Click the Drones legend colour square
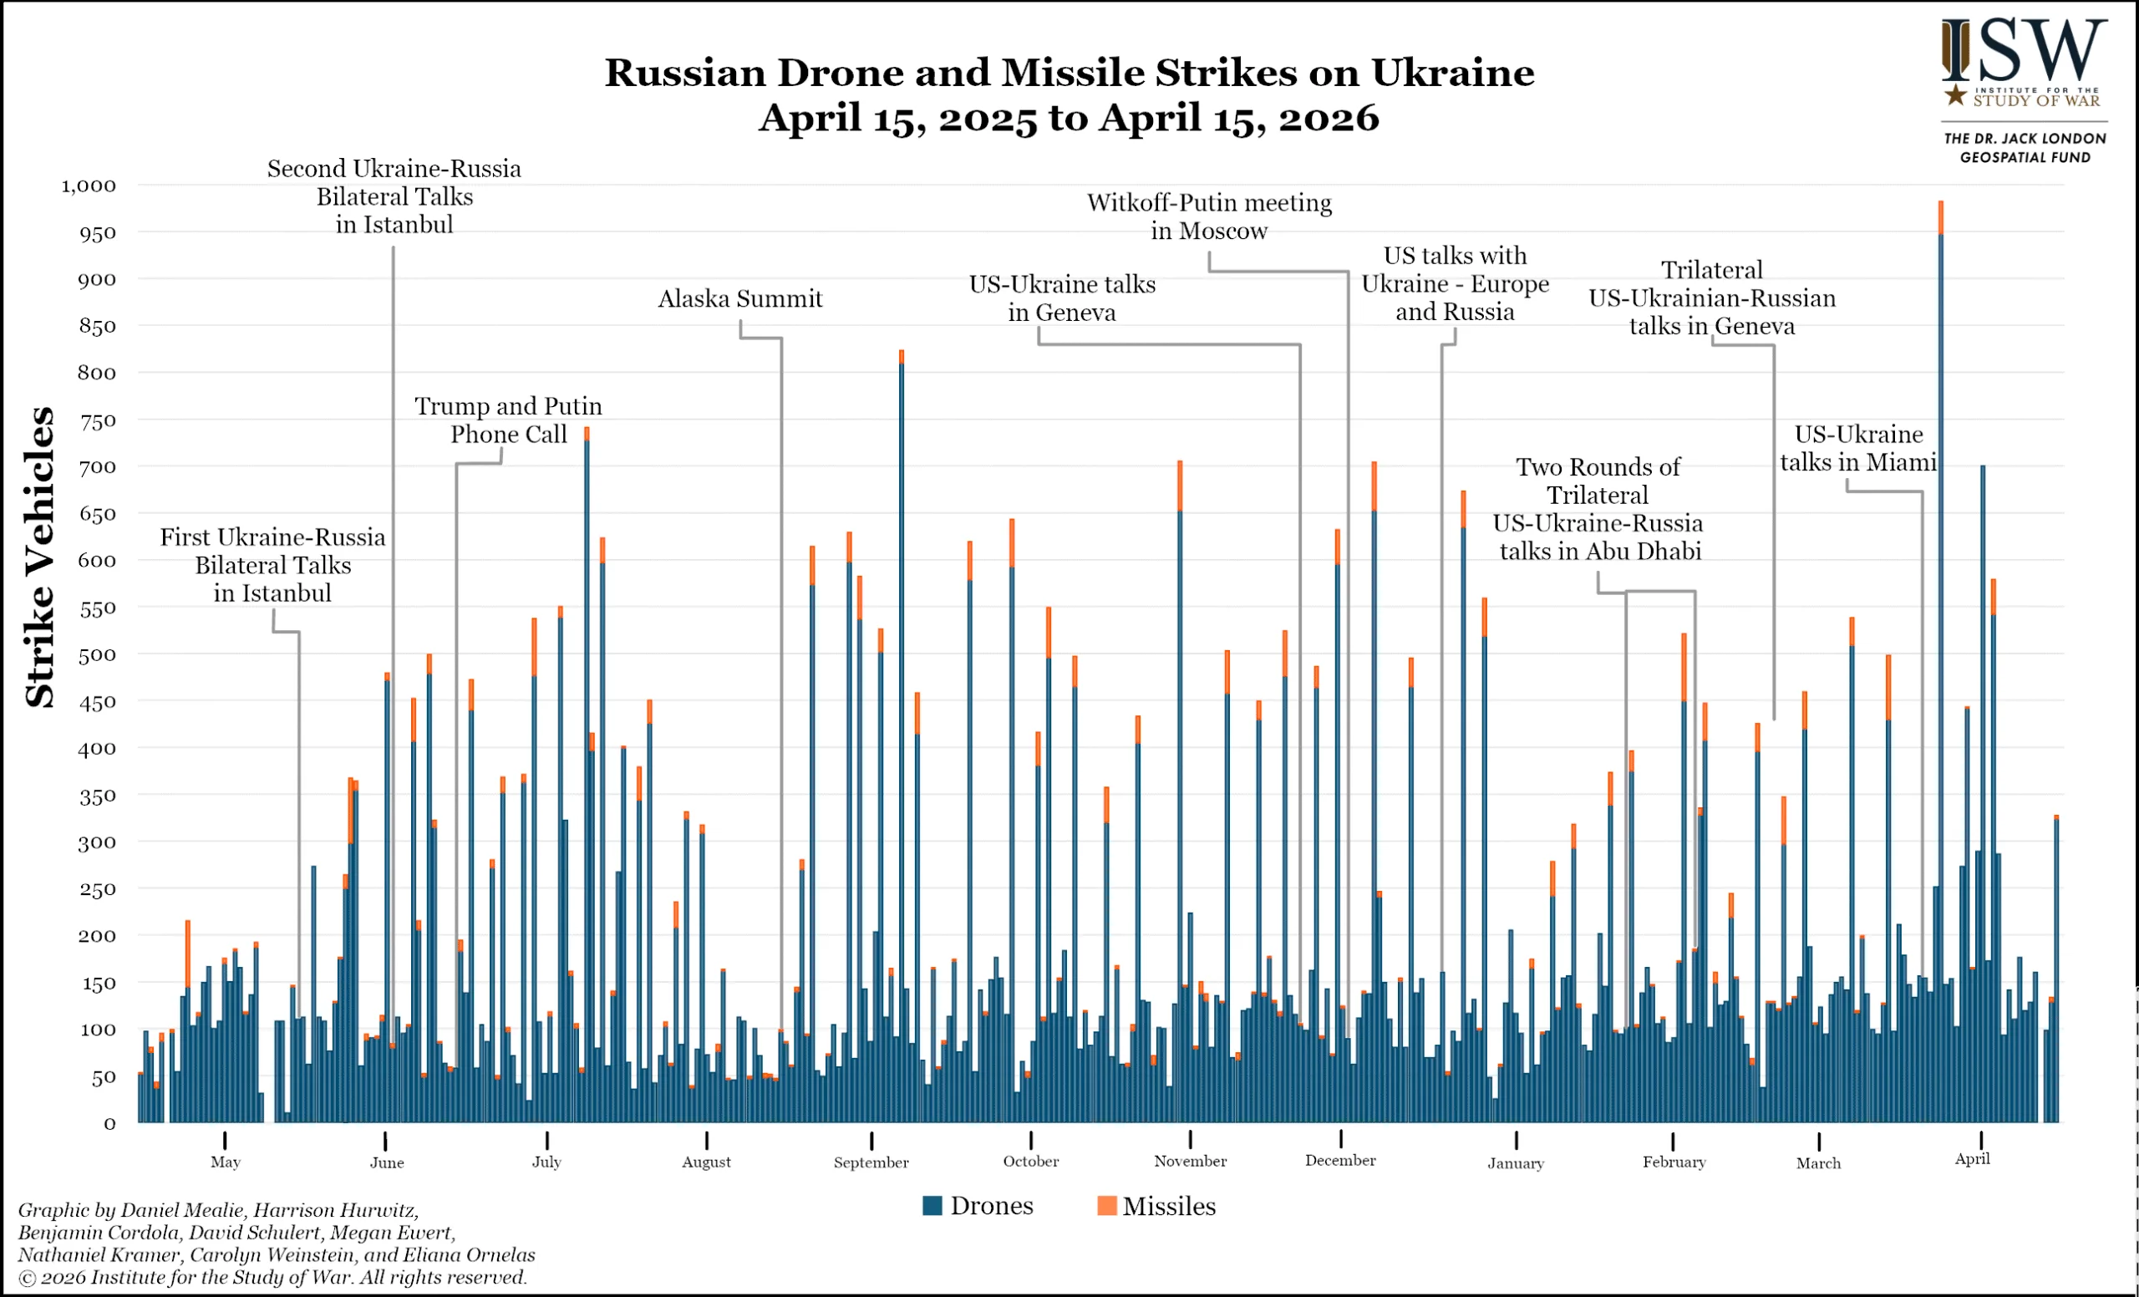pyautogui.click(x=932, y=1205)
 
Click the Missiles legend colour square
pyautogui.click(x=1107, y=1205)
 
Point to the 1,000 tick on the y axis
pyautogui.click(x=89, y=186)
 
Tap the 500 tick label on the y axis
pyautogui.click(x=96, y=654)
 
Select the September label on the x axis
pyautogui.click(x=871, y=1162)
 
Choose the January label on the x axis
pyautogui.click(x=1516, y=1163)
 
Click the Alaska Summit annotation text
pyautogui.click(x=739, y=298)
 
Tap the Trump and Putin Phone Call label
pyautogui.click(x=508, y=420)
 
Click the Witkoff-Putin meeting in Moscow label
pyautogui.click(x=1208, y=216)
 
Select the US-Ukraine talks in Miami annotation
pyautogui.click(x=1857, y=448)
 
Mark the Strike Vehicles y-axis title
pyautogui.click(x=40, y=557)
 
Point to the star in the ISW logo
pyautogui.click(x=1955, y=94)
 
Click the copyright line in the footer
pyautogui.click(x=272, y=1277)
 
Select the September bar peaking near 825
pyautogui.click(x=901, y=738)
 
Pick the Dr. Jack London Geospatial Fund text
pyautogui.click(x=2025, y=148)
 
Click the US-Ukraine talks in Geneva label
pyautogui.click(x=1062, y=298)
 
